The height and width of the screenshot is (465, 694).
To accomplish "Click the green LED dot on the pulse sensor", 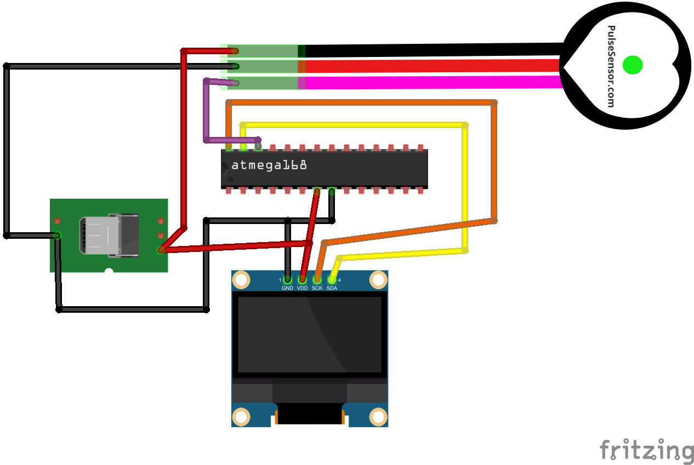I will pyautogui.click(x=633, y=65).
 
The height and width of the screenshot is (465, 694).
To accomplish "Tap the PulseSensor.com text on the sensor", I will pyautogui.click(x=611, y=66).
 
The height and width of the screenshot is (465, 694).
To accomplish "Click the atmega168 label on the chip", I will pyautogui.click(x=269, y=165).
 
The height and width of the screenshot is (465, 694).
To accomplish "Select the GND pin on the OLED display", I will pyautogui.click(x=287, y=280).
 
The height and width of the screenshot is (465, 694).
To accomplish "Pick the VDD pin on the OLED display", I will pyautogui.click(x=302, y=280).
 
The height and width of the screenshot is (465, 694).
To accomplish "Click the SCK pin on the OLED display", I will pyautogui.click(x=317, y=280).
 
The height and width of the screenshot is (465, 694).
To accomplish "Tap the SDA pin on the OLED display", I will pyautogui.click(x=332, y=280).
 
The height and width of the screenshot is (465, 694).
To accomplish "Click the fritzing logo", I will pyautogui.click(x=646, y=450).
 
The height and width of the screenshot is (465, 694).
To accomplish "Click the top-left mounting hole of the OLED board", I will pyautogui.click(x=241, y=280).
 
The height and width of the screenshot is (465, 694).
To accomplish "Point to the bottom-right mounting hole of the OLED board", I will pyautogui.click(x=378, y=417).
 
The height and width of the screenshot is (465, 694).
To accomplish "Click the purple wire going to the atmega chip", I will pyautogui.click(x=207, y=110).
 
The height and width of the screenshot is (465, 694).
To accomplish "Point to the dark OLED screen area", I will pyautogui.click(x=310, y=334).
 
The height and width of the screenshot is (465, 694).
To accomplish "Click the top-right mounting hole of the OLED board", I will pyautogui.click(x=378, y=280).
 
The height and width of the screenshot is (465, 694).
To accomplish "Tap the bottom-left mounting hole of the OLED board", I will pyautogui.click(x=241, y=417).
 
